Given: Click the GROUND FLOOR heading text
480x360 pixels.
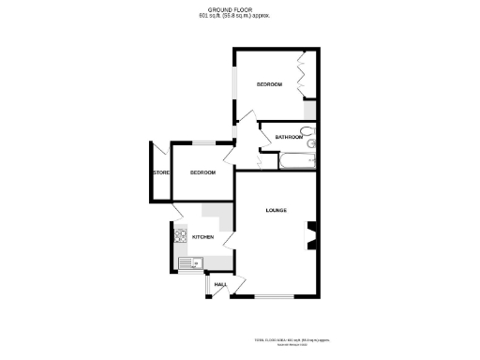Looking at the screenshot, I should [239, 9].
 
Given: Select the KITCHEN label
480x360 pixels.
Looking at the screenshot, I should [203, 238].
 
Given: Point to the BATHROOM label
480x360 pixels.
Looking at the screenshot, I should [289, 138].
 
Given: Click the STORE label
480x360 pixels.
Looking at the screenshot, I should [159, 172].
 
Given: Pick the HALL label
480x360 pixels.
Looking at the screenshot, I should [221, 284].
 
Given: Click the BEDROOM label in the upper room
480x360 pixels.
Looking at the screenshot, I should [270, 85].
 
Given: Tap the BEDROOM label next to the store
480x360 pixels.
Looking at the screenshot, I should [202, 172].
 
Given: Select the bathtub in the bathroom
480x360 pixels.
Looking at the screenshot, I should [294, 160].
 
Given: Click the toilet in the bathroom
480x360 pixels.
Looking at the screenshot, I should [311, 144].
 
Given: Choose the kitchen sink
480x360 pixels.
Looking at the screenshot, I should [187, 262].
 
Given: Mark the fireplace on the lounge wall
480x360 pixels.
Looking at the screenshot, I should [312, 235].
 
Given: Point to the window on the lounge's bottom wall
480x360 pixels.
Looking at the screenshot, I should [276, 297].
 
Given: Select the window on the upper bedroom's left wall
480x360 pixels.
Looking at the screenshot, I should [234, 85].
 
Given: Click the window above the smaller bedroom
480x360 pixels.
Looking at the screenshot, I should [202, 142].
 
